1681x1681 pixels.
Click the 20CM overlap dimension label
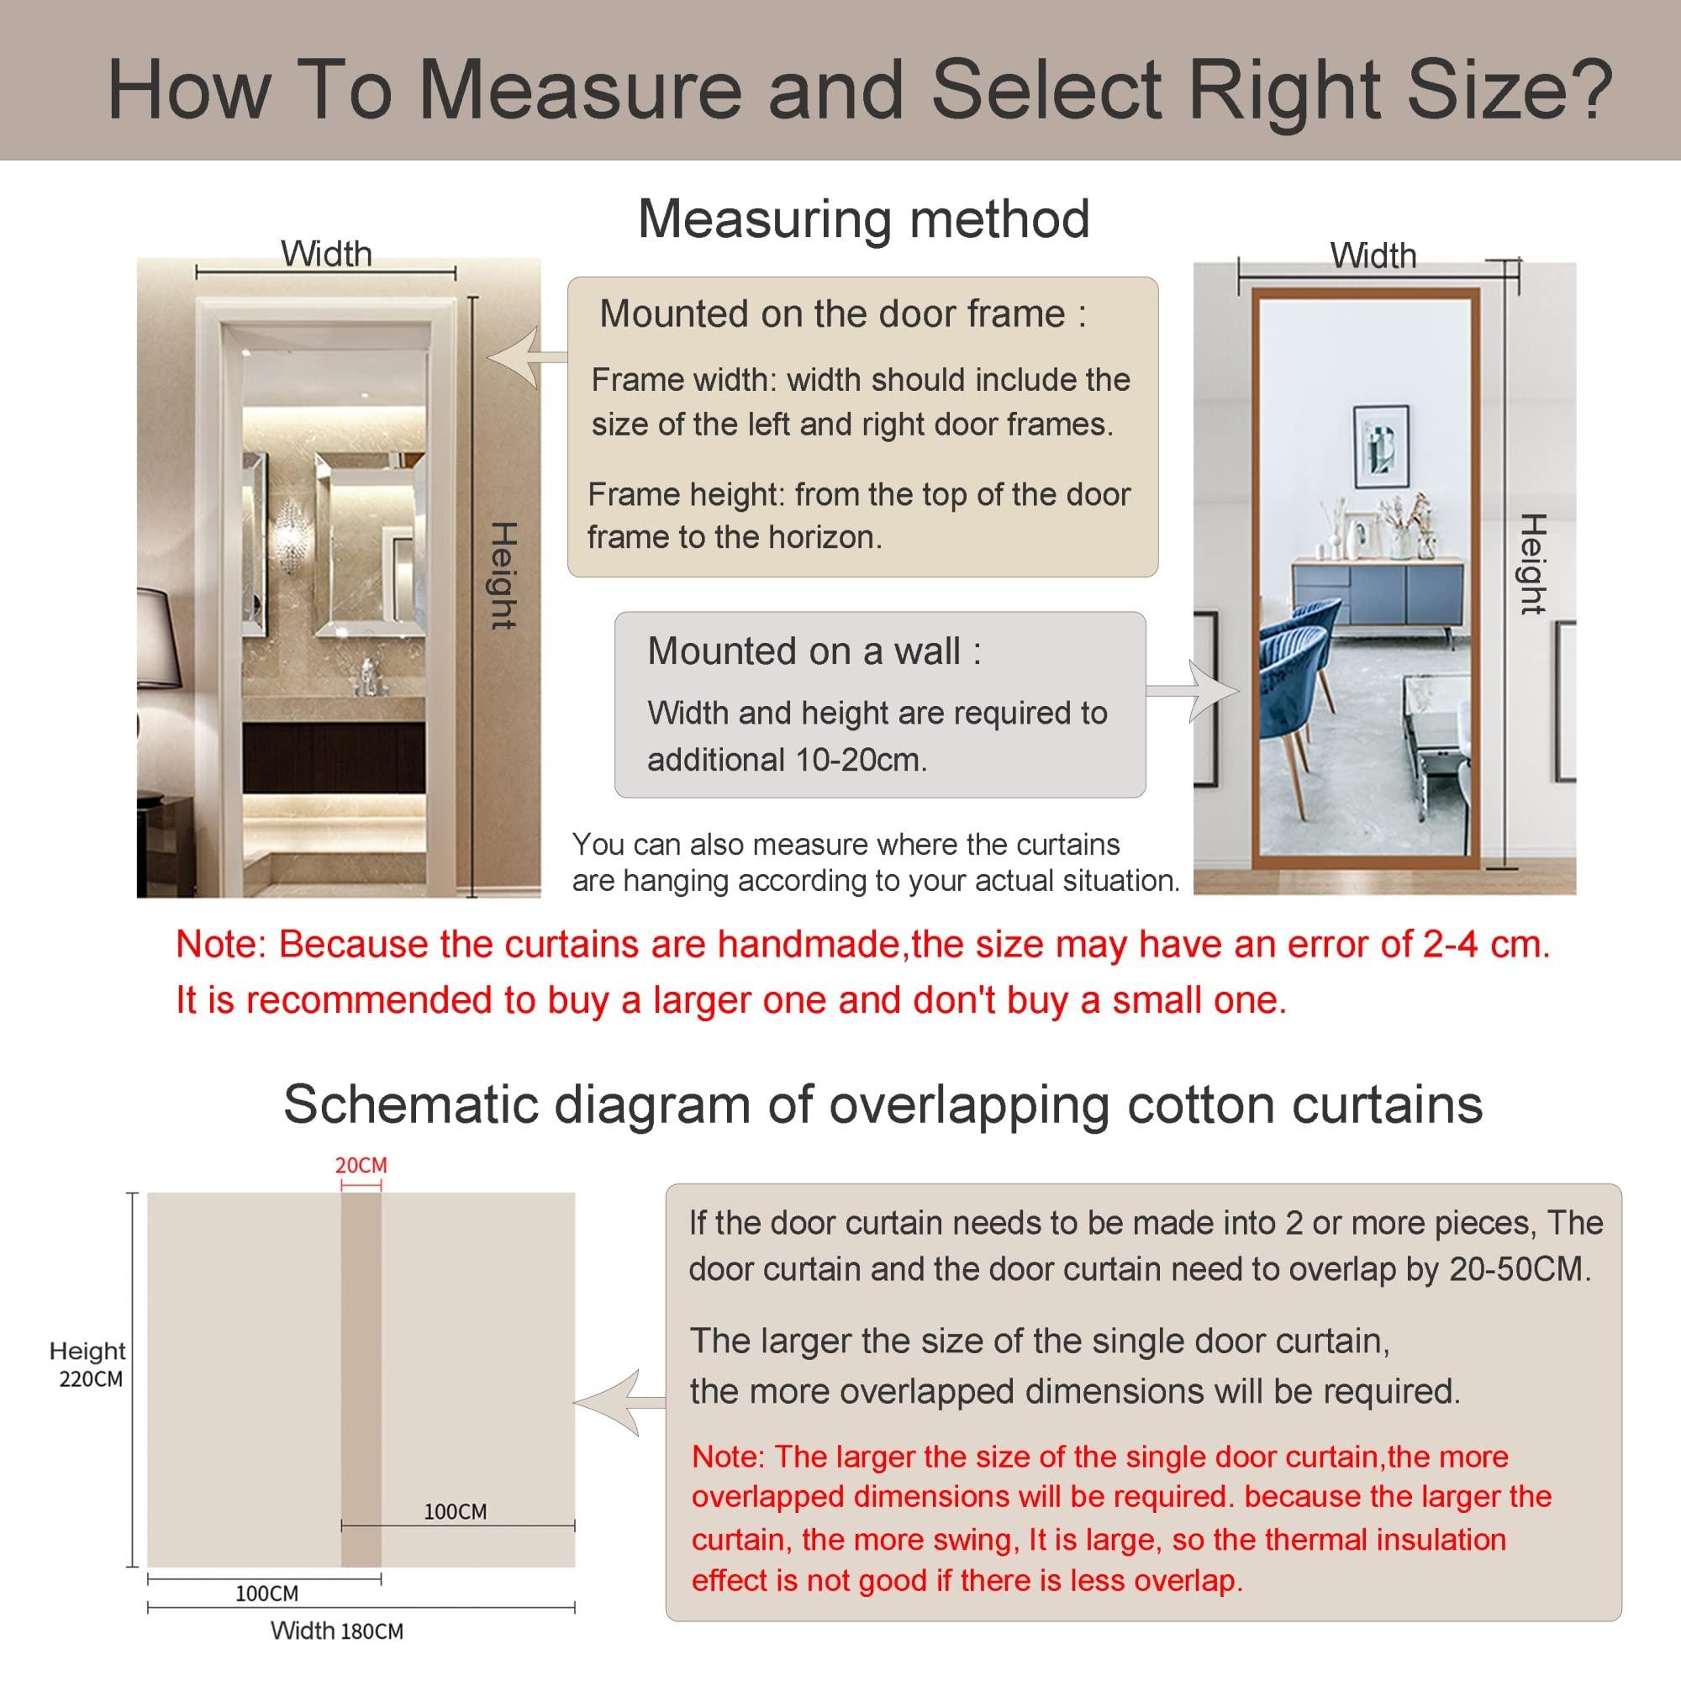click(x=361, y=1164)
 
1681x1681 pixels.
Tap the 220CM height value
click(x=92, y=1379)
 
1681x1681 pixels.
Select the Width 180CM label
click(x=337, y=1631)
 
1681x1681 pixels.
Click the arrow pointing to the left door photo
click(x=526, y=356)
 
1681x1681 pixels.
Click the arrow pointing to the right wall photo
click(x=1192, y=691)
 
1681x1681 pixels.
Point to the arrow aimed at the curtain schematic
click(x=620, y=1402)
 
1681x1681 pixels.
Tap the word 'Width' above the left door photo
click(x=326, y=254)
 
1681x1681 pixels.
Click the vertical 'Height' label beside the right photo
click(x=1532, y=564)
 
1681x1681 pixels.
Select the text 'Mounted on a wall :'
click(x=814, y=651)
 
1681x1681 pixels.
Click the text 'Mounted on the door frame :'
click(x=843, y=314)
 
